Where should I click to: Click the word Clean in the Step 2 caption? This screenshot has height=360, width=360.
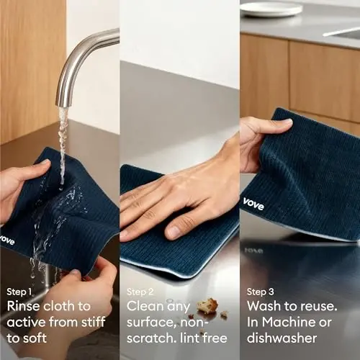pos(144,306)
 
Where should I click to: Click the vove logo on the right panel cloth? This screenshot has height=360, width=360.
pos(253,204)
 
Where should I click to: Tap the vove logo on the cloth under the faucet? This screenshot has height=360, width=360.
pos(6,239)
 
